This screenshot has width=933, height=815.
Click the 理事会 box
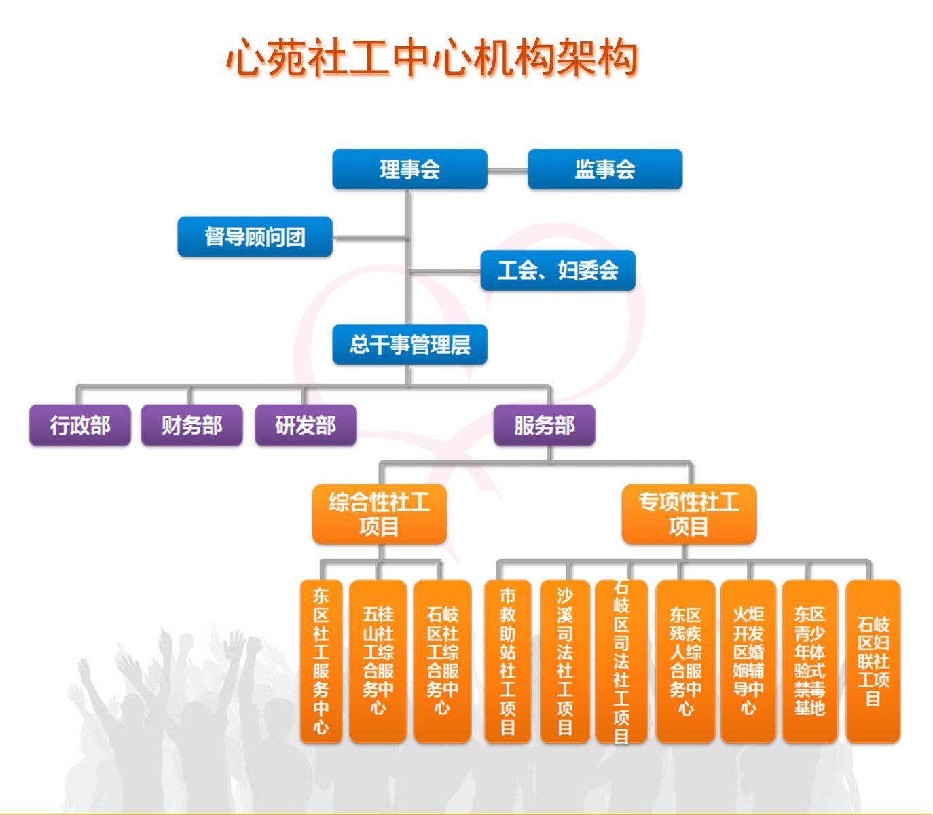tap(409, 169)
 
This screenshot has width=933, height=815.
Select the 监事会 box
tap(604, 169)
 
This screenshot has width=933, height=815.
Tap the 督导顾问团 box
tap(255, 237)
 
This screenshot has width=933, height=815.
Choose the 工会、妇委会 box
tap(557, 270)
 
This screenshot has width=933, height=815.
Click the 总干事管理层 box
tap(409, 344)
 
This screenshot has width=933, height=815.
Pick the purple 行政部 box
tap(80, 425)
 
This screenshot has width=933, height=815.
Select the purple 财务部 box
tap(191, 425)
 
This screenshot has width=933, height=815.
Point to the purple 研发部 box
tap(306, 425)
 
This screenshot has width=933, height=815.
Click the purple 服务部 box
tap(545, 425)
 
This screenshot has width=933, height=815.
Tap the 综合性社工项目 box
tap(380, 514)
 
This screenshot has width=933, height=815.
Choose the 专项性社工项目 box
tap(689, 514)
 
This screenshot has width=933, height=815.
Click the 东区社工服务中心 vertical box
tap(321, 662)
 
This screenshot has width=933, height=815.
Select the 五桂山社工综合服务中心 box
tap(378, 662)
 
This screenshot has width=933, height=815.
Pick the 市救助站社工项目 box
tap(507, 662)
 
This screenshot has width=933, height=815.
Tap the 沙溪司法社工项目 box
tap(564, 662)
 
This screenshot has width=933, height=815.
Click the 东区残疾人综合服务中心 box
tap(685, 662)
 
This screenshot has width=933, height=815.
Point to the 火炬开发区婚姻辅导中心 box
tap(748, 662)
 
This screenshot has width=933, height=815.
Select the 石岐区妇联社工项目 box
tap(873, 662)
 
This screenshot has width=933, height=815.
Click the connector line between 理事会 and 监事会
tap(507, 170)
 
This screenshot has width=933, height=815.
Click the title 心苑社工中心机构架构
tap(431, 58)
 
